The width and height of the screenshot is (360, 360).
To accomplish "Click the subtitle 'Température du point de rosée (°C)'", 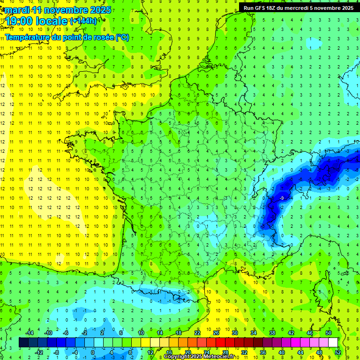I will coord(67,37).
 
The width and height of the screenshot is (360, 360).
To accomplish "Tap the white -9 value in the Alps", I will coord(281,198).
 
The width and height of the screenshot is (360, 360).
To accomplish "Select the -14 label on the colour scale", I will coord(29,333).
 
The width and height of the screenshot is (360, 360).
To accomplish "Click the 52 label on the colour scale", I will coord(337,352).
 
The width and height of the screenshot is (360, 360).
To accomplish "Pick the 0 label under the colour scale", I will coord(93,352).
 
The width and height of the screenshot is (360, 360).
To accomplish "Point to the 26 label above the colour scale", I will coord(216,333).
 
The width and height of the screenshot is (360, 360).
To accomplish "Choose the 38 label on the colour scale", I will coord(272,333).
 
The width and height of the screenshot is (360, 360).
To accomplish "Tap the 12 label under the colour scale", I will coord(150,352).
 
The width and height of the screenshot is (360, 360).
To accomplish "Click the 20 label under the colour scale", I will coord(187,352).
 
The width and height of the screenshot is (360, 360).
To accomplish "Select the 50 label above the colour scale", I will coord(328,333).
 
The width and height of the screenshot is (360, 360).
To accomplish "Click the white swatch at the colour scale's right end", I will coord(333,343).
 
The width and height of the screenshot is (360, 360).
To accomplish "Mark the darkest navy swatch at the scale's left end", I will coord(24,343).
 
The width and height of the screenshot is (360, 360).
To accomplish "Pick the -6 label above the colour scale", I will coord(66,333).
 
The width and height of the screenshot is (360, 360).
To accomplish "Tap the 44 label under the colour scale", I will coord(300,352).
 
